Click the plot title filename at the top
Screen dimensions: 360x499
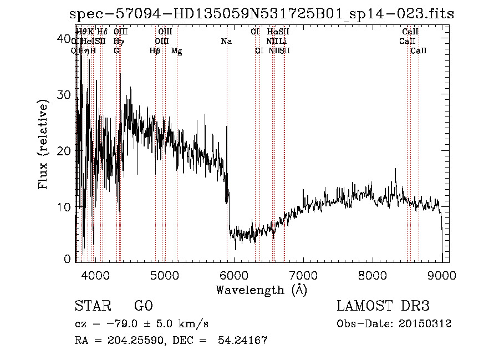click(262, 14)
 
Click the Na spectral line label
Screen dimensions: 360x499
click(226, 41)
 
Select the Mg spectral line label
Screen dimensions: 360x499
click(176, 51)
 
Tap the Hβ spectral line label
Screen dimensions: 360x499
click(155, 50)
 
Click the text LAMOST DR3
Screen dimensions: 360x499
click(383, 306)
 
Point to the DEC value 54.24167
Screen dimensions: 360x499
click(244, 340)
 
